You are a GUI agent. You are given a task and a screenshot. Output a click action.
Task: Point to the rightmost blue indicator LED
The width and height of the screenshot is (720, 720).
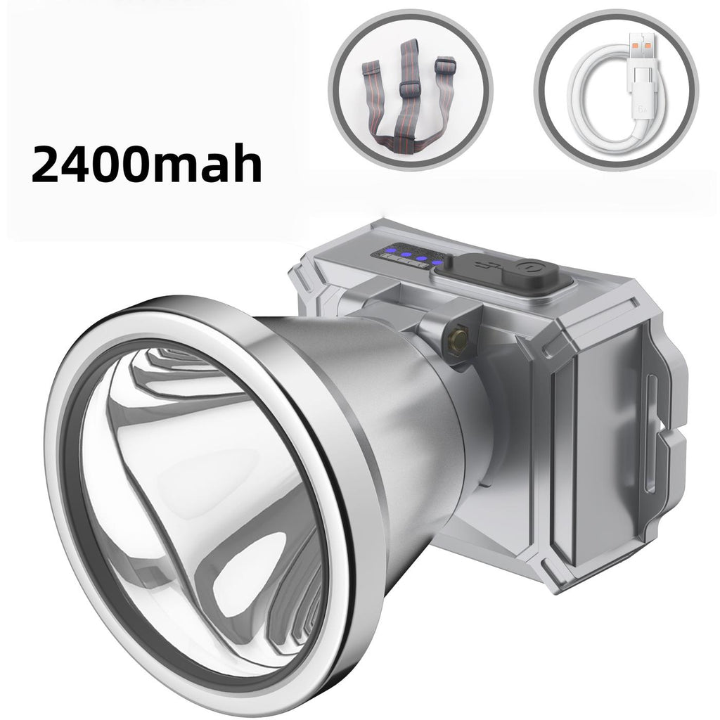(x=437, y=264)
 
